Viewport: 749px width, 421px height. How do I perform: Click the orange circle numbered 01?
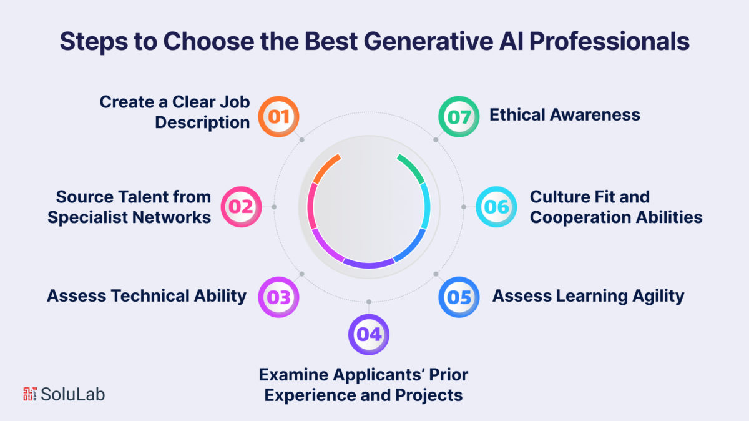pos(278,116)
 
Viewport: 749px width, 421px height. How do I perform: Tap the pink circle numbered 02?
pos(241,207)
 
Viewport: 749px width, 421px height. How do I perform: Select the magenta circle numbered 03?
pos(278,297)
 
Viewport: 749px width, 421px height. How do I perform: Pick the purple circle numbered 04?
pos(369,334)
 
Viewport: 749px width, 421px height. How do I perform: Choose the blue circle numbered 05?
pos(459,297)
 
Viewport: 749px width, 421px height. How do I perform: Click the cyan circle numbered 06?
pos(496,207)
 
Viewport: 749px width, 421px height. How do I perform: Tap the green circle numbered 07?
pos(459,116)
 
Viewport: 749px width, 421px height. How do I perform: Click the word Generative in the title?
pos(428,41)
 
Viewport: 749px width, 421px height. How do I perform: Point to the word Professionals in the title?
pos(610,41)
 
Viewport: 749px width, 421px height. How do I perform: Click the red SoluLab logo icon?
pos(30,394)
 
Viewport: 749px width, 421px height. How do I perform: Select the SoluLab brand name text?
pos(72,394)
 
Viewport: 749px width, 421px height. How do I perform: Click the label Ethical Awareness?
pos(565,115)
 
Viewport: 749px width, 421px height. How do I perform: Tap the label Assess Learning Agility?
pos(588,296)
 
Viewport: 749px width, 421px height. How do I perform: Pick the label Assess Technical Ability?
pos(147,296)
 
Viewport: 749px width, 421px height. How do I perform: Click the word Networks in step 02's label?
pos(172,217)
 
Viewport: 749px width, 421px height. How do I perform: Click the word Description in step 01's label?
pos(202,122)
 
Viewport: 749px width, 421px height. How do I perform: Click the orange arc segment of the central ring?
pos(326,168)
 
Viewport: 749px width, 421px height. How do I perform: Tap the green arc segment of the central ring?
pos(412,167)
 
